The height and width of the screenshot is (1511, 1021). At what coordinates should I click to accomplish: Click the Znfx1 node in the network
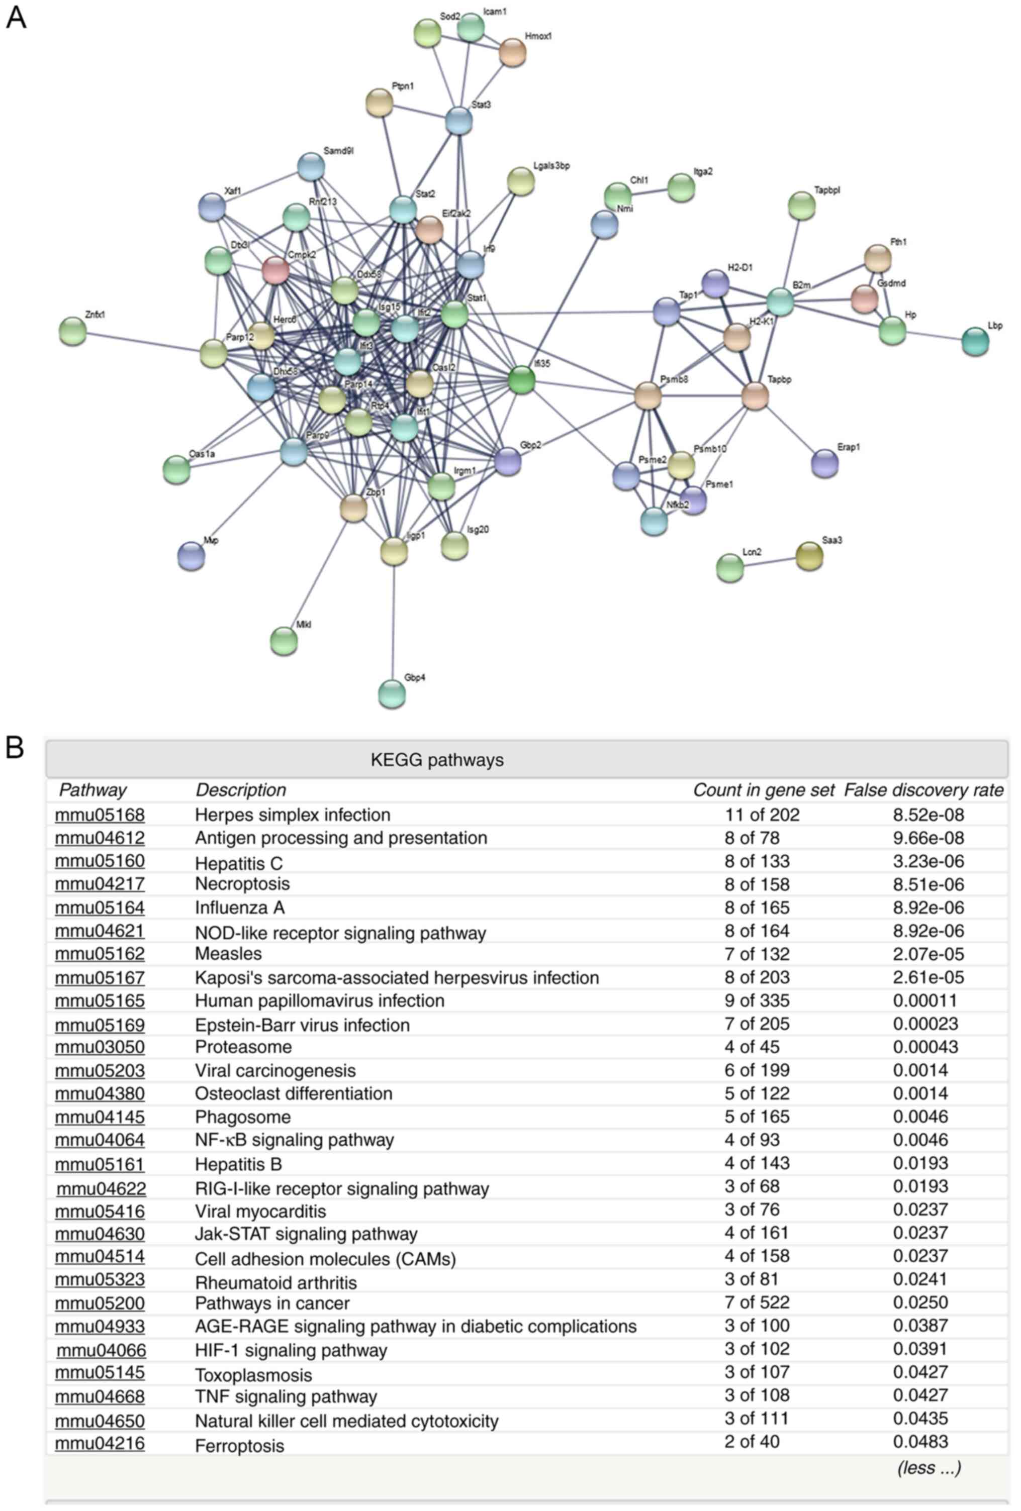tap(72, 331)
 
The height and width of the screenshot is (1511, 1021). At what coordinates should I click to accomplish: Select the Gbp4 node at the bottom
tap(392, 694)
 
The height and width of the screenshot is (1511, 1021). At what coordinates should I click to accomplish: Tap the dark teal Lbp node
tap(975, 341)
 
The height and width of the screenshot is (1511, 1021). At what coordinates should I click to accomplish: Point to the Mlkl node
tap(284, 641)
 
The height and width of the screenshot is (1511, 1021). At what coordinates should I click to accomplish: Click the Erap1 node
tap(824, 463)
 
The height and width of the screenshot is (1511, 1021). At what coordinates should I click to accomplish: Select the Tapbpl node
tap(801, 206)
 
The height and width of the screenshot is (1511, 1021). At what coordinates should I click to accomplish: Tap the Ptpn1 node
tap(379, 102)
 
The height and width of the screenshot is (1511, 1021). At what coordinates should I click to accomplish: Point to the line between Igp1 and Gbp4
tap(393, 624)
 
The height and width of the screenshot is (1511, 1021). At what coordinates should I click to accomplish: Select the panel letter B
tap(14, 748)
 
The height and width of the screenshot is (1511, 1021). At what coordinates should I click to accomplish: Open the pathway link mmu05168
tap(100, 815)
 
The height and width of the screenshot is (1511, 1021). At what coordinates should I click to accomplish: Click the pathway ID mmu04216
tap(100, 1443)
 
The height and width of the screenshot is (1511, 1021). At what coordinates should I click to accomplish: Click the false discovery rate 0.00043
tap(925, 1047)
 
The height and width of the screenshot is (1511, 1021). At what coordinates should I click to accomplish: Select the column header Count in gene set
tap(763, 790)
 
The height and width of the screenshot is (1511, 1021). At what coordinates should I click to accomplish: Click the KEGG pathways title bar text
tap(436, 759)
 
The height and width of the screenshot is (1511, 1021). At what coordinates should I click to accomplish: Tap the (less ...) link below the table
tap(928, 1467)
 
